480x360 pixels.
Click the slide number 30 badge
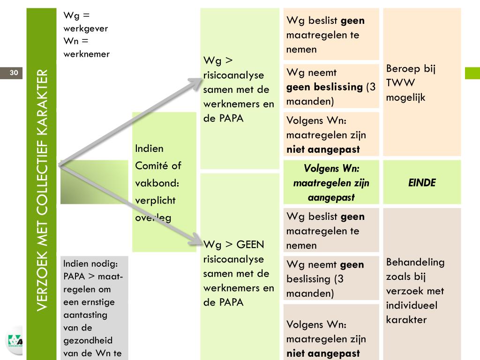tap(14, 73)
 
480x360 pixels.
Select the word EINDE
tap(422, 183)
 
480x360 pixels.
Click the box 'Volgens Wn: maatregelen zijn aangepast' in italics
tap(331, 183)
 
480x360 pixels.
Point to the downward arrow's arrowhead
tap(196, 241)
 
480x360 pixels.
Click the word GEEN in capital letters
tap(250, 245)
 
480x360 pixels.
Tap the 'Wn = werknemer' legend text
tap(86, 47)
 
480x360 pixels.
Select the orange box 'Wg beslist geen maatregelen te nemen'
tap(330, 35)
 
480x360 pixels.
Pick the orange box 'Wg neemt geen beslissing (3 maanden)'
tap(330, 87)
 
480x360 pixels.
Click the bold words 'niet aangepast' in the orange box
tap(323, 150)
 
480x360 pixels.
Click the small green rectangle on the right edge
tap(472, 73)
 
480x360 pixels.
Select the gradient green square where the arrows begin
tap(94, 182)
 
